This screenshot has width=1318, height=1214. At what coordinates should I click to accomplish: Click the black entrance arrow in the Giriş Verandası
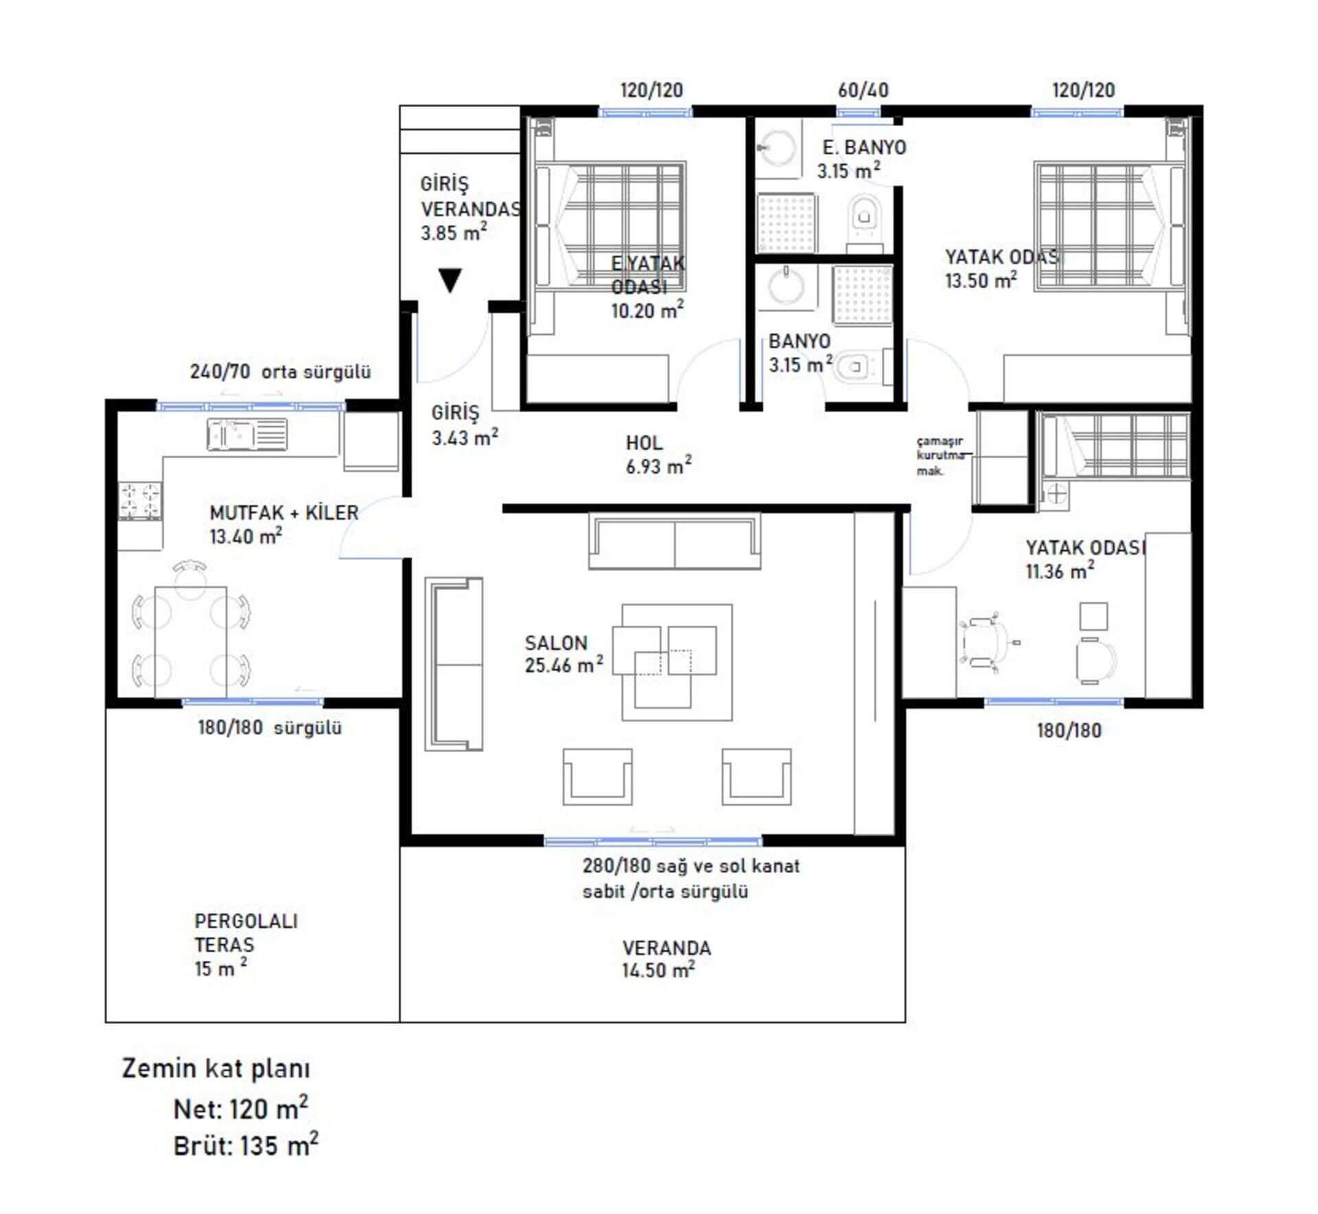coord(450,280)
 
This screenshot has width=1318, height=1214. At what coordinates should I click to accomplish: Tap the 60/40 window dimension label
coord(863,90)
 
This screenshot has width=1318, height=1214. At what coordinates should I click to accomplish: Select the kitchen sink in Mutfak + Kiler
coord(247,434)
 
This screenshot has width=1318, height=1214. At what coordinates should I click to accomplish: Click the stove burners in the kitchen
coord(140,500)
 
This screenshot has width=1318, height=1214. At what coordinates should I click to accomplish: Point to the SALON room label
coord(556,643)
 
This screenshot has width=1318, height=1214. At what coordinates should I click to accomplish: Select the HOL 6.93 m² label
coord(658,454)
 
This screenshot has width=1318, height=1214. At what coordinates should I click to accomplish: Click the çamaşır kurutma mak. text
coord(940,456)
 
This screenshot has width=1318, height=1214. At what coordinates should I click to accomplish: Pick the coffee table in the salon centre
coord(677,662)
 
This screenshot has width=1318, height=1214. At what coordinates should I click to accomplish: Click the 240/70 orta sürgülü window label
coord(280,372)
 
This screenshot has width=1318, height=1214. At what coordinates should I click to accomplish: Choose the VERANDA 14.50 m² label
coord(667,959)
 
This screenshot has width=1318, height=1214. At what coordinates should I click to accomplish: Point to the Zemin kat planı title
coord(216,1069)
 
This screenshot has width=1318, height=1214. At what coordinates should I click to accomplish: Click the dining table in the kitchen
coord(190,641)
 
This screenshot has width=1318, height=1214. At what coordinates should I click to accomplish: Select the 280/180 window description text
coord(691,878)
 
